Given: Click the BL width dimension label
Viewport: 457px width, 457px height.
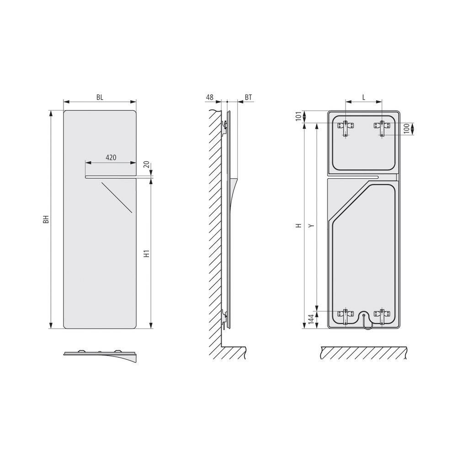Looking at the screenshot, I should (100, 97).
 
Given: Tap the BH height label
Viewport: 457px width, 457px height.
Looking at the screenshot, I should (46, 219).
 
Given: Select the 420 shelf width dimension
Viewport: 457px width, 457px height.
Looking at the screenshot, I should (110, 157).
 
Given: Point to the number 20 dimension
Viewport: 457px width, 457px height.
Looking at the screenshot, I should (147, 165).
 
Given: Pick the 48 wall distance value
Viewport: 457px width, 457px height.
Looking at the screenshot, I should (210, 97).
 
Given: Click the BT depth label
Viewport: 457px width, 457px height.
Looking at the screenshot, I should (249, 97).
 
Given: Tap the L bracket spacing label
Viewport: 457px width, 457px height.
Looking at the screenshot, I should (364, 97).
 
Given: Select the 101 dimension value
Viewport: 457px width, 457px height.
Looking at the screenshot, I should (299, 117).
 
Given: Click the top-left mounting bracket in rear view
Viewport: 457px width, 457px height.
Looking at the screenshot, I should (346, 126).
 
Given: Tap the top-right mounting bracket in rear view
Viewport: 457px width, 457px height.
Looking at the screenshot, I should (381, 126).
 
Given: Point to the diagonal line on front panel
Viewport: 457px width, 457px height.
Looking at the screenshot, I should (117, 197).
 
